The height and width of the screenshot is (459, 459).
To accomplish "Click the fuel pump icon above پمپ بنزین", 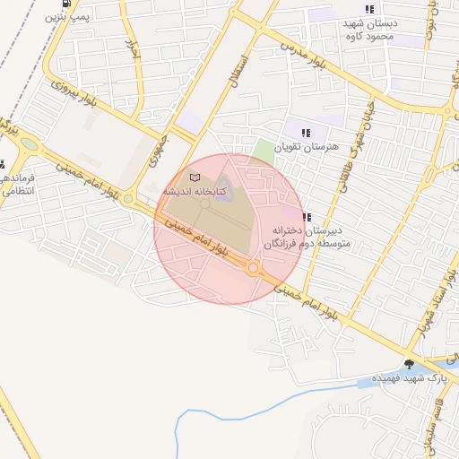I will (51, 3).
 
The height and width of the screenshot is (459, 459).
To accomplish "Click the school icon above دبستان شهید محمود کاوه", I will (369, 9).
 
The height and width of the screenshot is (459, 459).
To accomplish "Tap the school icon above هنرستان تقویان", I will (307, 131).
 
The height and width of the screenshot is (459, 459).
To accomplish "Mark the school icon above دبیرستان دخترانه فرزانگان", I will (307, 216).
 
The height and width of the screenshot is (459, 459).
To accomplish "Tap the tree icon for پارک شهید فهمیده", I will (410, 363).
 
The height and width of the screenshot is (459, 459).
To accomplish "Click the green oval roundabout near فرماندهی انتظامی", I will (30, 143).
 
